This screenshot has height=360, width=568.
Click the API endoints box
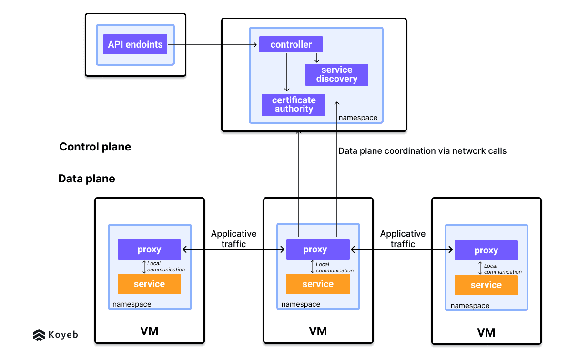135,44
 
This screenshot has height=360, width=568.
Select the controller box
291,44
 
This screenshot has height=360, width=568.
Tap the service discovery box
336,74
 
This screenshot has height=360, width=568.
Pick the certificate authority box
294,105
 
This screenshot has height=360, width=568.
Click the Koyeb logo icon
39,335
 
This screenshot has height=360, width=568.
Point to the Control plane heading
95,147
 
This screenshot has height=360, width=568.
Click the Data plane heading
87,179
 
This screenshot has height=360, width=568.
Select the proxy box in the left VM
149,250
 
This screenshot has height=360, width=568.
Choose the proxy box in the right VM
486,250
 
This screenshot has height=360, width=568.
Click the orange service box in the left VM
149,284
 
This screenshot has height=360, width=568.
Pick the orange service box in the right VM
486,285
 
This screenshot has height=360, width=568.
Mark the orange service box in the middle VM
318,284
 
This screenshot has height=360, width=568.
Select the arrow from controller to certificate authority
287,71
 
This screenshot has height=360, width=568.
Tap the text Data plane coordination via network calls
422,151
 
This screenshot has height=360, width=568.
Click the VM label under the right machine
486,332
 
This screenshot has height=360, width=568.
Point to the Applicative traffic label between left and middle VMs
233,239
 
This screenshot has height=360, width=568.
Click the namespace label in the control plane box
358,117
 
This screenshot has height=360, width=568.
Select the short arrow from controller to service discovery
317,58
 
